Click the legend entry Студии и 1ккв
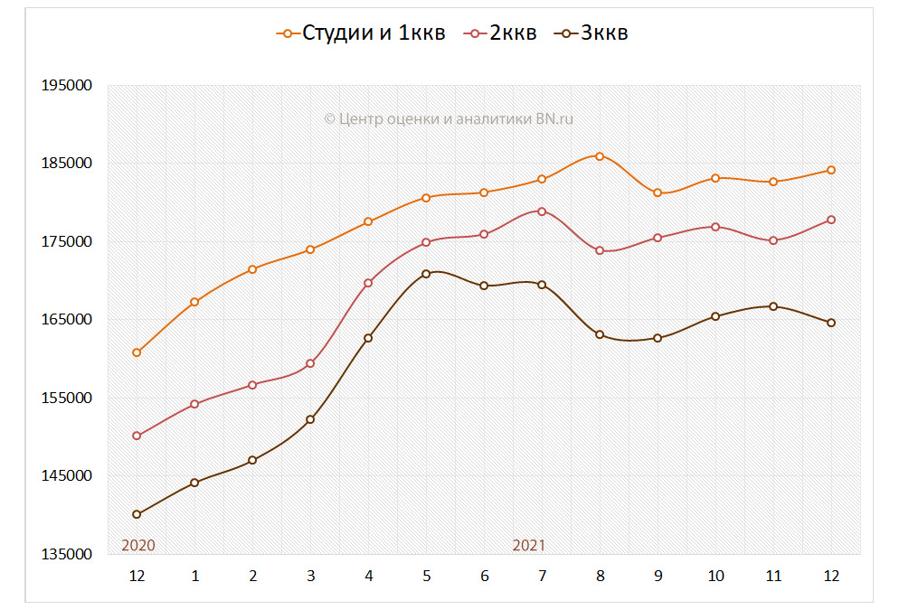[362, 33]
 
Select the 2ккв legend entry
[502, 33]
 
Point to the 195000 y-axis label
[68, 86]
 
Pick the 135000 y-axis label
[68, 554]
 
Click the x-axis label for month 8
[600, 576]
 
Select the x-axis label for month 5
[426, 576]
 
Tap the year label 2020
[138, 545]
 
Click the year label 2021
[529, 545]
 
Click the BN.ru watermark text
[449, 118]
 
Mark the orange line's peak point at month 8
[600, 156]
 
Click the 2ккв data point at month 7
[542, 211]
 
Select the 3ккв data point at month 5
[426, 274]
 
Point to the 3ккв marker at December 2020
[137, 514]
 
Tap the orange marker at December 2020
[137, 352]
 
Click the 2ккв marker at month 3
[310, 363]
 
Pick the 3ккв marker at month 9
[658, 338]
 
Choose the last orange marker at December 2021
[831, 170]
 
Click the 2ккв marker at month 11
[773, 240]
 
